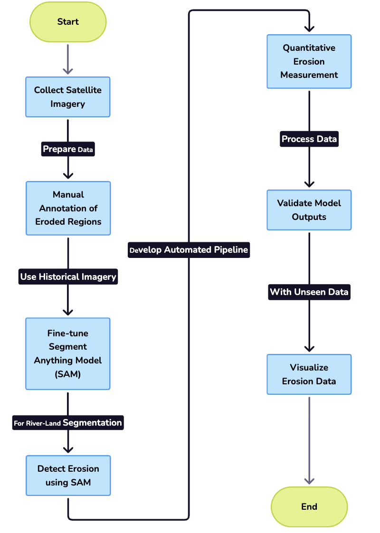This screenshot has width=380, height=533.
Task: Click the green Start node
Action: pos(68,22)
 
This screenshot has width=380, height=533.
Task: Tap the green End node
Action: pos(309,506)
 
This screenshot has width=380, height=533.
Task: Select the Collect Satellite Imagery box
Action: pos(68,97)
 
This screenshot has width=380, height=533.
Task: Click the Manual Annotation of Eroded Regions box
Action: pos(68,208)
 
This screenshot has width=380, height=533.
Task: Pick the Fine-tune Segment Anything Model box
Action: pos(68,353)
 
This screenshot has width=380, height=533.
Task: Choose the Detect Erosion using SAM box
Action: pos(68,476)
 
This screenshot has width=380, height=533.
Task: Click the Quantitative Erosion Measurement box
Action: pos(309,61)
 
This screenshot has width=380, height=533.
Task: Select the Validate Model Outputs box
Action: pos(309,210)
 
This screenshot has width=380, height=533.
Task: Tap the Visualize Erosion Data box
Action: pos(309,374)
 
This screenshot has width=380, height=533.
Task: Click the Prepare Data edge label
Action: pos(68,149)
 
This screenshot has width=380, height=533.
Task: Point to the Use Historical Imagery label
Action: pos(68,276)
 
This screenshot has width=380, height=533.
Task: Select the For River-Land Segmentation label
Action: pos(68,422)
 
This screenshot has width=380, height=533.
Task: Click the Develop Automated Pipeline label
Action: pos(189,250)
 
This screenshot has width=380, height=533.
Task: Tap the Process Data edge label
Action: pos(309,139)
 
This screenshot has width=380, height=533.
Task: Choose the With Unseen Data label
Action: pos(309,292)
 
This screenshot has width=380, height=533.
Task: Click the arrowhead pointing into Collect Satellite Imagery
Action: pos(68,71)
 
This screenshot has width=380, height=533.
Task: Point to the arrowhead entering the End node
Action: pos(309,481)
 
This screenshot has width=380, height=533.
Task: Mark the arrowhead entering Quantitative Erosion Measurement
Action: pos(309,28)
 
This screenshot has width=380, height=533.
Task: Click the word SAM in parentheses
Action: pos(68,374)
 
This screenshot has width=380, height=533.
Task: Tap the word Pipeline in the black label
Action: pos(230,250)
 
